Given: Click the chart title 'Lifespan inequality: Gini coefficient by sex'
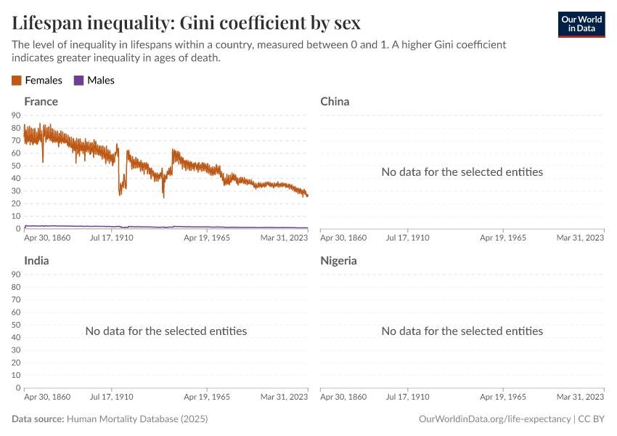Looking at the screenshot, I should coord(186,23).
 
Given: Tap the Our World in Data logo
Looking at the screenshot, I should coord(581,24).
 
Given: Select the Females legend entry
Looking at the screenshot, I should coord(37,81).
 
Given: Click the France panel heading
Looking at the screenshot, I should coord(41,102).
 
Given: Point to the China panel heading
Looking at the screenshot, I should coord(335,102).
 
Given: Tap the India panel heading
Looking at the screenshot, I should coord(36,260).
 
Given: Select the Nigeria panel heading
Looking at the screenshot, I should coord(338,260).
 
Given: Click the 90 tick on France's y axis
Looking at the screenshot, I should coord(16,115).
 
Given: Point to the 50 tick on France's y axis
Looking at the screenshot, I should coord(16,166).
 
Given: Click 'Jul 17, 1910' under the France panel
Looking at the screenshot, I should coord(112,238).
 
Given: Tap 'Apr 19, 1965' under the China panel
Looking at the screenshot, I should coord(502,238).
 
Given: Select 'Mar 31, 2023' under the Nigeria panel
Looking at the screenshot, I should coord(580,396).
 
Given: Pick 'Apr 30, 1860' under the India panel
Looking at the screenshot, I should coord(47,396).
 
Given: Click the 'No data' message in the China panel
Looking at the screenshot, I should coord(462,172).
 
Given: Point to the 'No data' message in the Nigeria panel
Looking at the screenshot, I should coord(462,331).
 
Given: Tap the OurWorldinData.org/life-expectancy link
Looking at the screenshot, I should coord(494,419).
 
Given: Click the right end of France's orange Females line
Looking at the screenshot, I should coord(307,195).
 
